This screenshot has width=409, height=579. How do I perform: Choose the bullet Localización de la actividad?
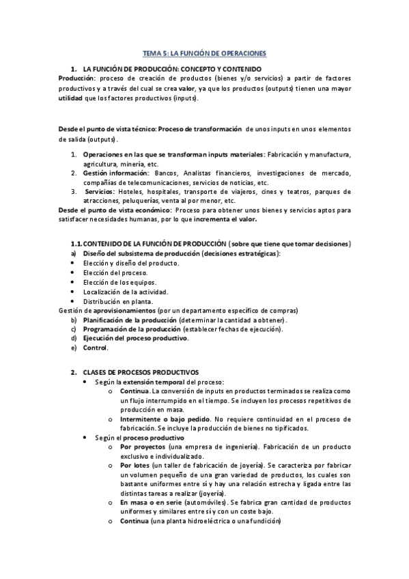click(x=120, y=292)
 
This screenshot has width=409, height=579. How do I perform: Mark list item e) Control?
click(x=96, y=348)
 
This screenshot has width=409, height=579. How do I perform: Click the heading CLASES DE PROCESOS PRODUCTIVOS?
click(x=140, y=372)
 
